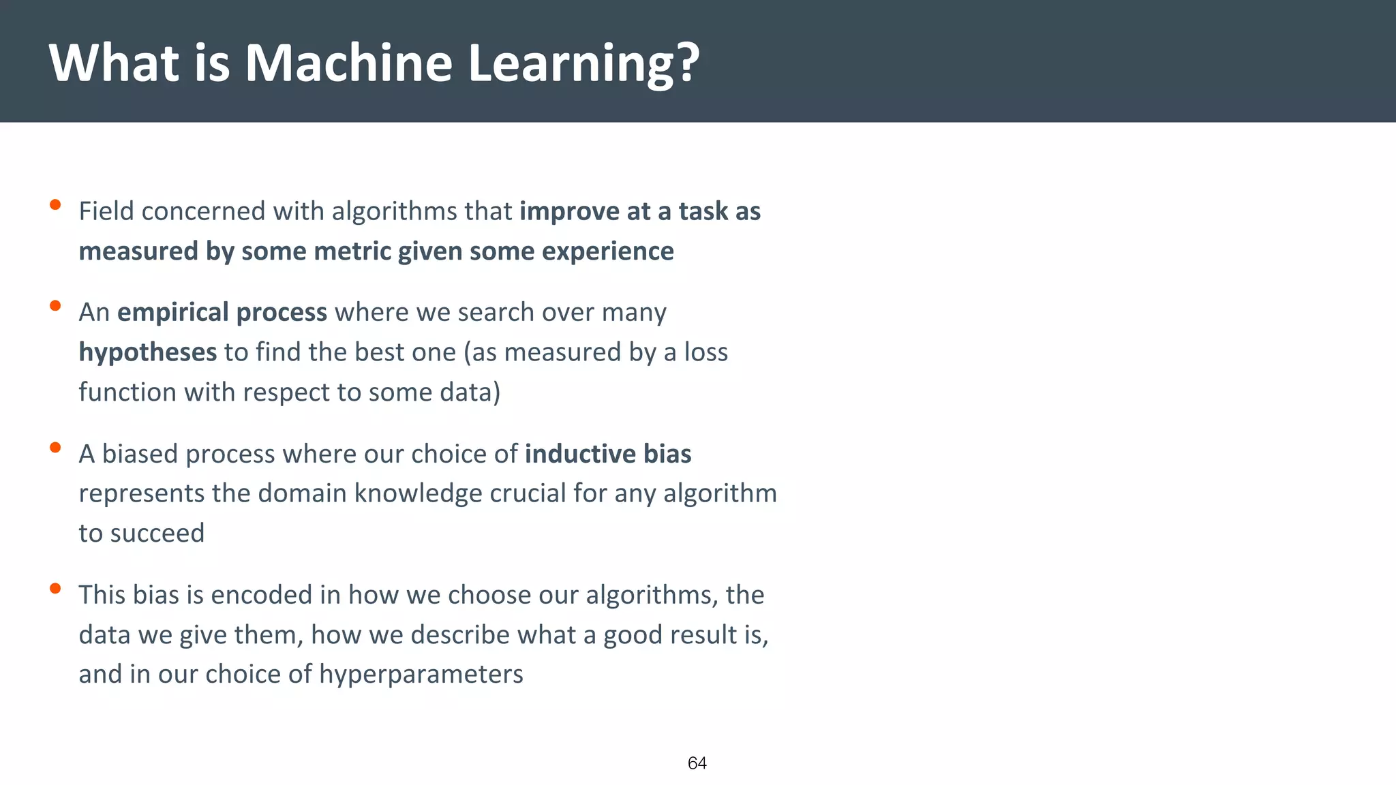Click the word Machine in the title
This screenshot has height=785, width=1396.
(x=348, y=63)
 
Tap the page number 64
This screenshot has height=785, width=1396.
(x=697, y=763)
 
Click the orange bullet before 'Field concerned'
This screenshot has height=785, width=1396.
(x=56, y=204)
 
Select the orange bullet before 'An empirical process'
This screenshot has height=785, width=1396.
(x=56, y=306)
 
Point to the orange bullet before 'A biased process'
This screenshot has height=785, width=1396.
(x=56, y=448)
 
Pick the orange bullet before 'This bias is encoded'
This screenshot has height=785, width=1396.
(x=56, y=589)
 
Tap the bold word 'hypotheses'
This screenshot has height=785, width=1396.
(x=147, y=353)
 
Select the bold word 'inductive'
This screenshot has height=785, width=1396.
(x=579, y=454)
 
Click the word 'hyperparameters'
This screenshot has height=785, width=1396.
(x=421, y=675)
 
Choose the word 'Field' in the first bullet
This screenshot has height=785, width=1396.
(x=106, y=211)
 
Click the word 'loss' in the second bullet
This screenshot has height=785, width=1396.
(x=705, y=352)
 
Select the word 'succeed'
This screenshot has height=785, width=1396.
(x=157, y=534)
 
